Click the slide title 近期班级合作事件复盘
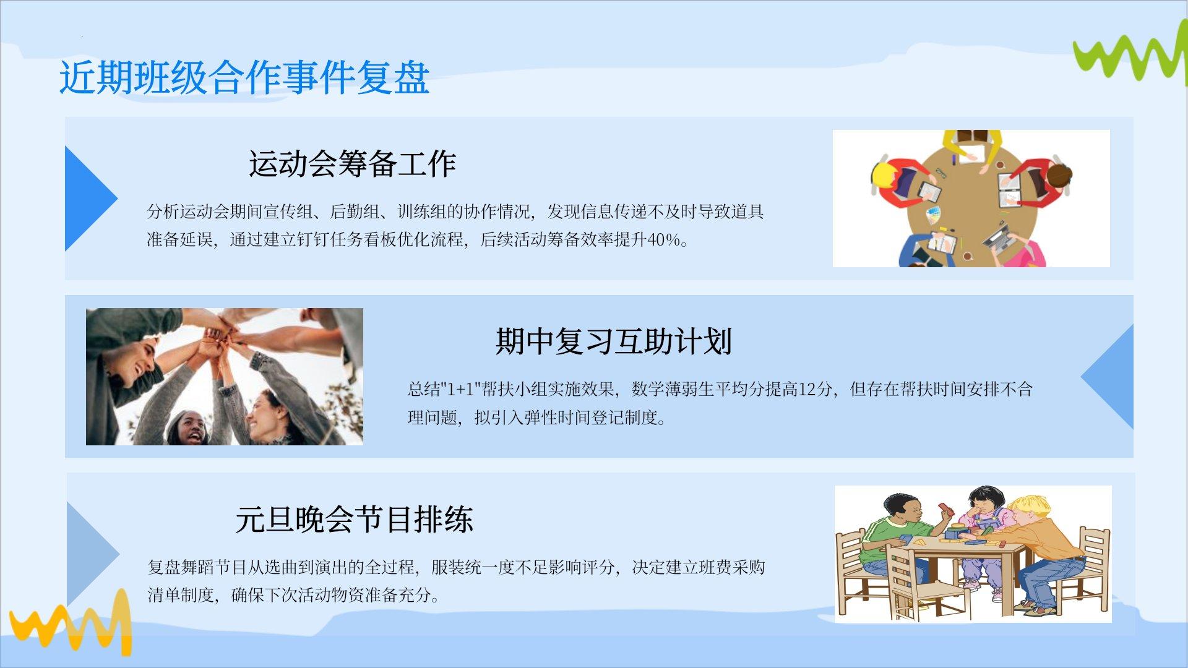(244, 78)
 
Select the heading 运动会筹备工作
(353, 164)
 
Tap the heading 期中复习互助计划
(614, 341)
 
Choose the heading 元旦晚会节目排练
(354, 520)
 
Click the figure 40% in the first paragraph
(663, 240)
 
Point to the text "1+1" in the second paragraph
(460, 389)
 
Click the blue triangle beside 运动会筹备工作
(90, 199)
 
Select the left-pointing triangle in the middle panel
(1108, 377)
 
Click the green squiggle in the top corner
(1130, 52)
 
